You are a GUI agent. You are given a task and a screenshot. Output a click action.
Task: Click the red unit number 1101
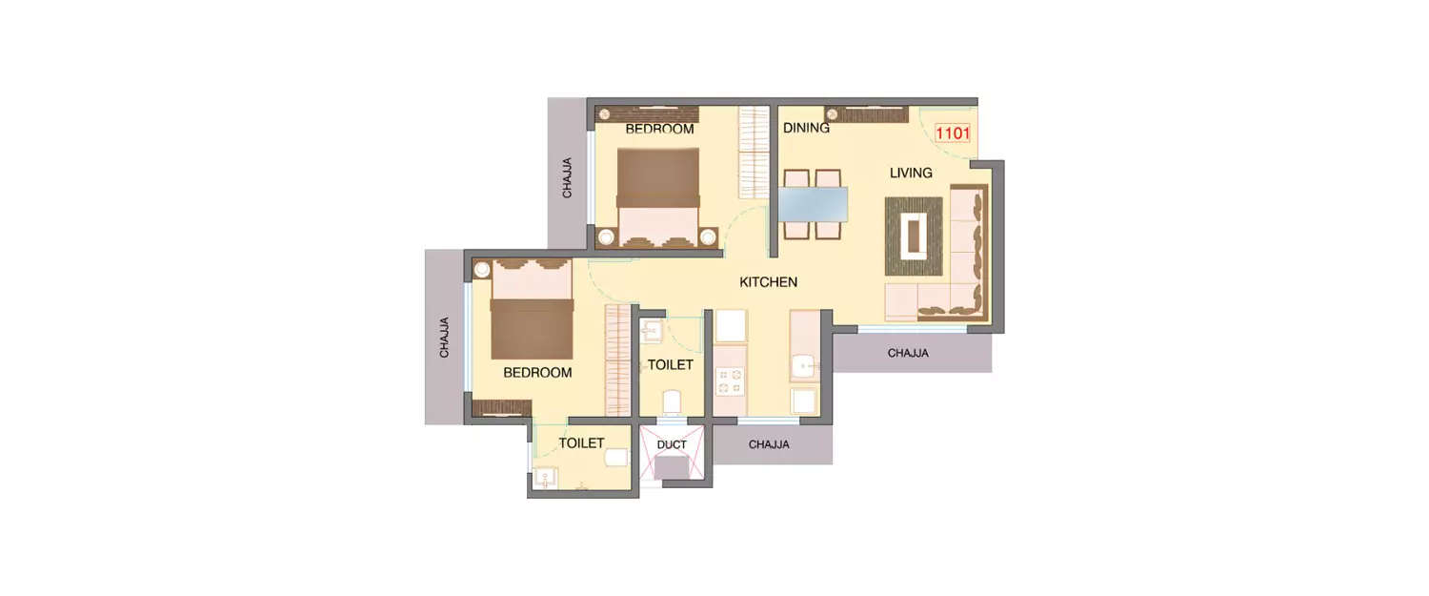(953, 134)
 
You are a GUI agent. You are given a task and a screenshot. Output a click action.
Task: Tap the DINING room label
(806, 128)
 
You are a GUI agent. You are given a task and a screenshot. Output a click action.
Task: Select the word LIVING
(911, 173)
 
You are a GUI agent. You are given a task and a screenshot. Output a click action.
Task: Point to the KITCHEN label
(768, 282)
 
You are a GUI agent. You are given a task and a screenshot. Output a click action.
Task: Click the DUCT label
(672, 444)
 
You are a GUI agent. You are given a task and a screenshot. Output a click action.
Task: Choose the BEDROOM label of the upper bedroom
(659, 129)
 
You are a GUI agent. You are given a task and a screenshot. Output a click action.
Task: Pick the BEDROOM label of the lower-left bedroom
(537, 373)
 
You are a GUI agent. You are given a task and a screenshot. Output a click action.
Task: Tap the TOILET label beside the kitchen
(670, 365)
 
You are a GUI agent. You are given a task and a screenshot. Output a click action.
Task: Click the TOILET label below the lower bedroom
(581, 443)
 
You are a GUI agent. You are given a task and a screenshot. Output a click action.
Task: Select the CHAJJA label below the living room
(908, 353)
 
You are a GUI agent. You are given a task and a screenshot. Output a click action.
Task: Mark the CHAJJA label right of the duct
(769, 444)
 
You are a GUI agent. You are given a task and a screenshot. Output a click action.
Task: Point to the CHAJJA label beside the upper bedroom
(568, 177)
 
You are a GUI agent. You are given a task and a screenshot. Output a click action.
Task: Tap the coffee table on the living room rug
(915, 236)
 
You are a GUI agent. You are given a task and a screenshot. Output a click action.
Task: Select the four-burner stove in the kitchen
(730, 381)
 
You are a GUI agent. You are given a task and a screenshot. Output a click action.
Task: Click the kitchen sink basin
(805, 365)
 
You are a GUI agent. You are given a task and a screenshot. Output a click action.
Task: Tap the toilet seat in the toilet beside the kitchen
(672, 401)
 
